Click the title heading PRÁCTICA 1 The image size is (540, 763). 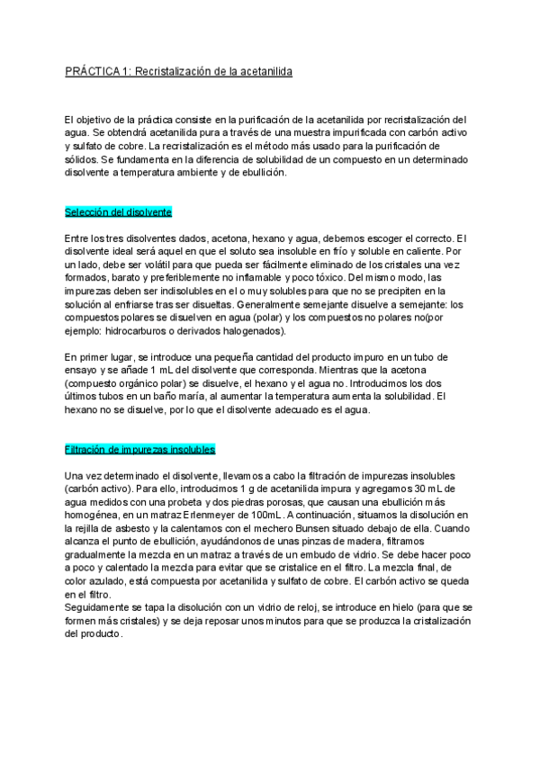point(179,70)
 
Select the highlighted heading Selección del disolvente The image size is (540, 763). point(118,211)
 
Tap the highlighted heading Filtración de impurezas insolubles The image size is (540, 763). point(139,448)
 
